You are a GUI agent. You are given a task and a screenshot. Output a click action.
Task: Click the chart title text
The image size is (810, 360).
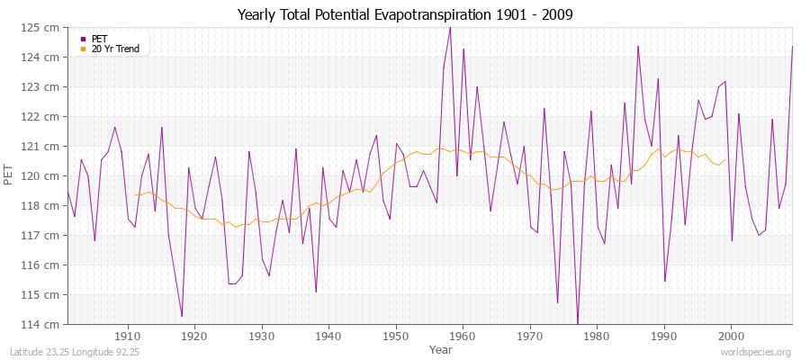click(404, 14)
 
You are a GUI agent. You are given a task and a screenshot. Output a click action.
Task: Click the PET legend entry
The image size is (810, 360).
click(99, 39)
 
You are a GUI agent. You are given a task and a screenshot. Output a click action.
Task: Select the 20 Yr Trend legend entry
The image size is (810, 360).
click(115, 49)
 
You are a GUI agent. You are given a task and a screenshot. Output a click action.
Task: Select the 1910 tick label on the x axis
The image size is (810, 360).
click(128, 336)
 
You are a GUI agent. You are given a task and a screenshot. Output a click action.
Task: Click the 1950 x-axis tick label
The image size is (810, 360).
click(396, 336)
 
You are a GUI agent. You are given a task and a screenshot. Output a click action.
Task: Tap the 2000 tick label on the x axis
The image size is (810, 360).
click(731, 336)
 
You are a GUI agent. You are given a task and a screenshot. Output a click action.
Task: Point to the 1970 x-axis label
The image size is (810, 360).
click(530, 336)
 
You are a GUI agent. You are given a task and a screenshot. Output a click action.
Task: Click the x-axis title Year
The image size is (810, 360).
click(441, 348)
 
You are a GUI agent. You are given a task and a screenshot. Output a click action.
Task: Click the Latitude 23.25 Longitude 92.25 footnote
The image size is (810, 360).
click(79, 352)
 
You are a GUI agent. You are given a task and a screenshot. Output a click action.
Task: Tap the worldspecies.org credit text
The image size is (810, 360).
click(756, 352)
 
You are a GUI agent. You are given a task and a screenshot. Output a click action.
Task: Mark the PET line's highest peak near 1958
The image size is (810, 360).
click(450, 27)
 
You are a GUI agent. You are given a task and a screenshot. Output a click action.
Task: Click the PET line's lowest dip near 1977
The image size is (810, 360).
click(578, 323)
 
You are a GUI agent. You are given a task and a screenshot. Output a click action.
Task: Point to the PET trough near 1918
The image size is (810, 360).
click(182, 316)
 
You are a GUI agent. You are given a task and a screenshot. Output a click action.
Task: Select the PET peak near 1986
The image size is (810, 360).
click(638, 46)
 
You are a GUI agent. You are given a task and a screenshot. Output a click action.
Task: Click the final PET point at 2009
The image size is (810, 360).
click(792, 46)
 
